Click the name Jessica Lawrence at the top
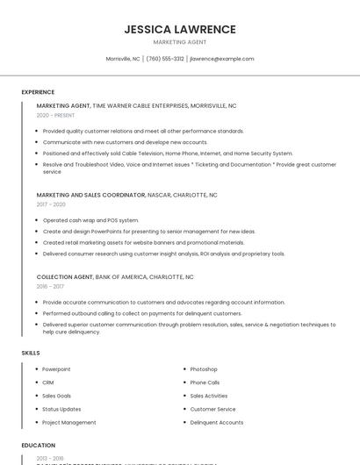(180, 29)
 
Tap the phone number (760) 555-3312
(165, 59)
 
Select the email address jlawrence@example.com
(222, 59)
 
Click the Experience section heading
(38, 92)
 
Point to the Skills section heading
(31, 353)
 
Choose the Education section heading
(39, 446)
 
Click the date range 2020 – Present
(55, 115)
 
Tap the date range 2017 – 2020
(51, 204)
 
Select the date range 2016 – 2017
(50, 286)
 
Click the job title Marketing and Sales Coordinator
(90, 195)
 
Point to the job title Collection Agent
(64, 276)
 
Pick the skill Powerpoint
(56, 369)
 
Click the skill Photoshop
(204, 369)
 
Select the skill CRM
(48, 383)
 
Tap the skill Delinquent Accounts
(217, 423)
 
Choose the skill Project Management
(69, 423)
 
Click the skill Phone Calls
(205, 383)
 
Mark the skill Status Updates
(61, 409)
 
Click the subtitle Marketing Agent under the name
(180, 42)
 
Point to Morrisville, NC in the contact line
(123, 59)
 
